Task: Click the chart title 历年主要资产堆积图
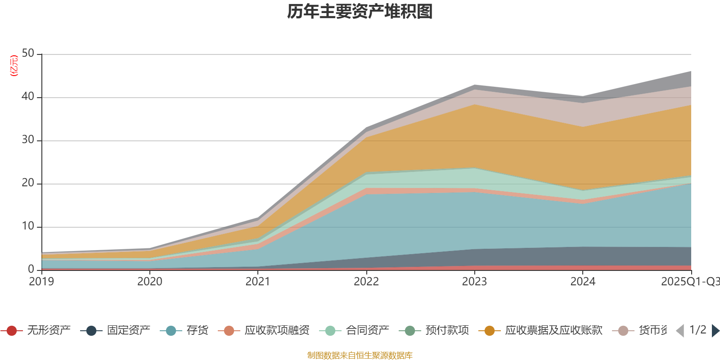click(x=360, y=12)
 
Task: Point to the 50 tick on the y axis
click(x=28, y=54)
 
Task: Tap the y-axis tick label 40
click(x=28, y=97)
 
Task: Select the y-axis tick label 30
click(x=28, y=140)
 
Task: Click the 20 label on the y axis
click(x=28, y=183)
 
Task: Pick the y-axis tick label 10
click(x=28, y=226)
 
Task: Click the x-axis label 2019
click(x=41, y=282)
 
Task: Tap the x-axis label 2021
click(x=258, y=282)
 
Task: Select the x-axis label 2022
click(x=366, y=282)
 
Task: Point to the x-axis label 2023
click(x=474, y=282)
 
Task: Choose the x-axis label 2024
click(x=583, y=282)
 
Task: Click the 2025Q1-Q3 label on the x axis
click(x=689, y=282)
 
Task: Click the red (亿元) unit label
click(x=14, y=66)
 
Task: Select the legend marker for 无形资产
click(x=12, y=331)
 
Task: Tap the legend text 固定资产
click(x=128, y=331)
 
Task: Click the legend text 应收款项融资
click(x=277, y=331)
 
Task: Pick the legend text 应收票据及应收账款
click(x=553, y=331)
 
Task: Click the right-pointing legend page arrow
click(x=715, y=331)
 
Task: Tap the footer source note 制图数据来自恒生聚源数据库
click(x=360, y=355)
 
